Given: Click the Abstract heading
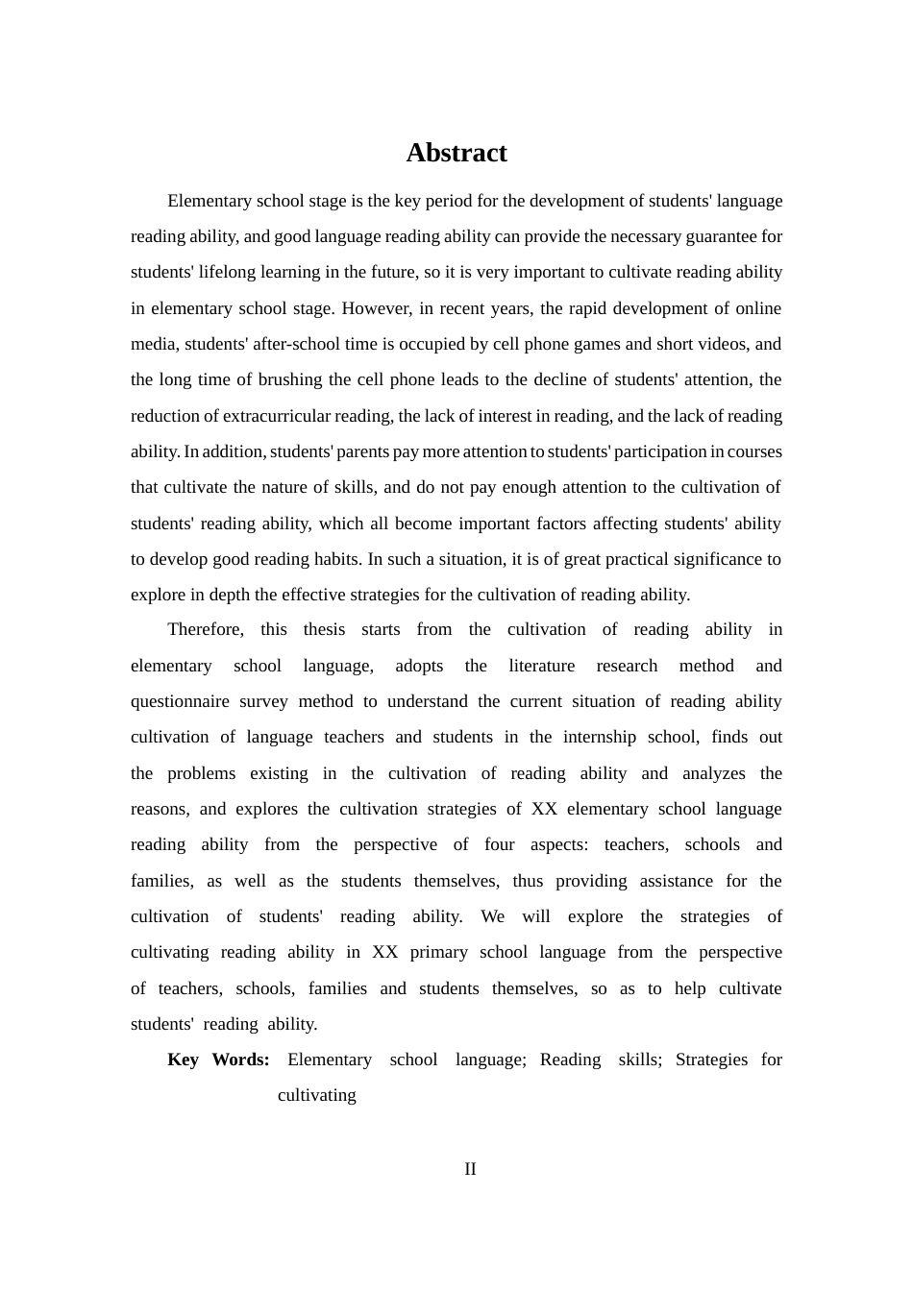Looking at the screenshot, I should [x=456, y=153].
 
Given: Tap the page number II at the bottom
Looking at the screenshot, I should [x=470, y=1169].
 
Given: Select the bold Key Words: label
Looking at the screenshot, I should [x=218, y=1060].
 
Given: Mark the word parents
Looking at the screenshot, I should [x=362, y=451].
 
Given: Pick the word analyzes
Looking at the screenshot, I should [x=714, y=773].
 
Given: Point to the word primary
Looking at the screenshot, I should [x=438, y=952].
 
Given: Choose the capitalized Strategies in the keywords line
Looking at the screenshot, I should [x=711, y=1060].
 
